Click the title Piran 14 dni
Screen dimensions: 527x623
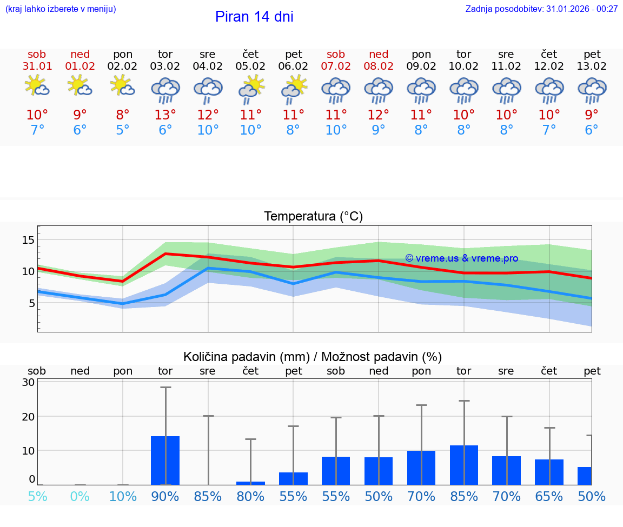(254, 17)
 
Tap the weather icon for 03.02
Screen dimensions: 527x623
(165, 90)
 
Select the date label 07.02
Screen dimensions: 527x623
(336, 66)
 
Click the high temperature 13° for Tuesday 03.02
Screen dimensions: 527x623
(165, 115)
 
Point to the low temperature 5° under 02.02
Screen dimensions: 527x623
(123, 130)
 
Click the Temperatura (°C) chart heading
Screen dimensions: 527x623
(313, 217)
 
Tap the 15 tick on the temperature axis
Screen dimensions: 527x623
(28, 240)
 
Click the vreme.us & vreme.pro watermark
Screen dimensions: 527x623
(461, 258)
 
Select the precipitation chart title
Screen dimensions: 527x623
(313, 357)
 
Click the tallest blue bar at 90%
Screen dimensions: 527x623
(165, 461)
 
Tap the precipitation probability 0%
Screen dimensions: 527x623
(79, 496)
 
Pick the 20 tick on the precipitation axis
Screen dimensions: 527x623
(28, 416)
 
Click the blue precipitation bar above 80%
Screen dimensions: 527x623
(250, 483)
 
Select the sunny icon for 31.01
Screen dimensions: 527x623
(37, 86)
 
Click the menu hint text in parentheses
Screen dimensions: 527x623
(61, 9)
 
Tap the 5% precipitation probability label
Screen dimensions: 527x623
(37, 496)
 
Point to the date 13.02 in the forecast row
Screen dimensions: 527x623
(592, 66)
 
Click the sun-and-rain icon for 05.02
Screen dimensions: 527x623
(250, 89)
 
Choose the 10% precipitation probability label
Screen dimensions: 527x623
(123, 496)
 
